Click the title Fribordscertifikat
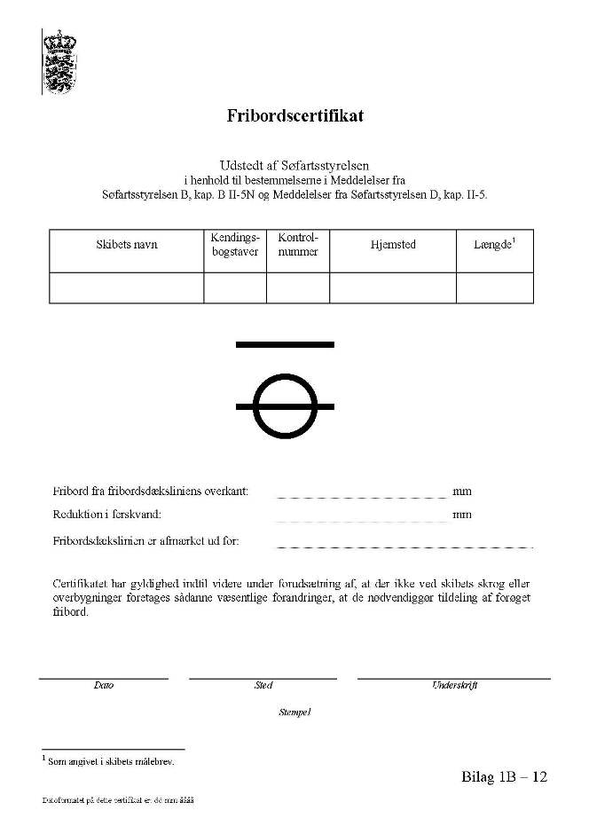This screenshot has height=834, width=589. (294, 116)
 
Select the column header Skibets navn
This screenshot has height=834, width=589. (127, 245)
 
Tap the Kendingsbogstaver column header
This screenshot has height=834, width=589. (234, 245)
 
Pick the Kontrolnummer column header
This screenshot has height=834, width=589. (298, 245)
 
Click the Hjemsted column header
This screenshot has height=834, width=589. (393, 245)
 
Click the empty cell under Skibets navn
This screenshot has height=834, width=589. (127, 288)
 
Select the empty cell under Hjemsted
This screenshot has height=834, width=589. (393, 288)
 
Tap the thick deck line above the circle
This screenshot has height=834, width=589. (285, 343)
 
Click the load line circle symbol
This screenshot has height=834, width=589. (285, 405)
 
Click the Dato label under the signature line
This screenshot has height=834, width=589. (104, 686)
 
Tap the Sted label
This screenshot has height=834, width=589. (263, 686)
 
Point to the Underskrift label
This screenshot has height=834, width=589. (454, 686)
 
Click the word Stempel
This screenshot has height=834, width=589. (295, 712)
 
